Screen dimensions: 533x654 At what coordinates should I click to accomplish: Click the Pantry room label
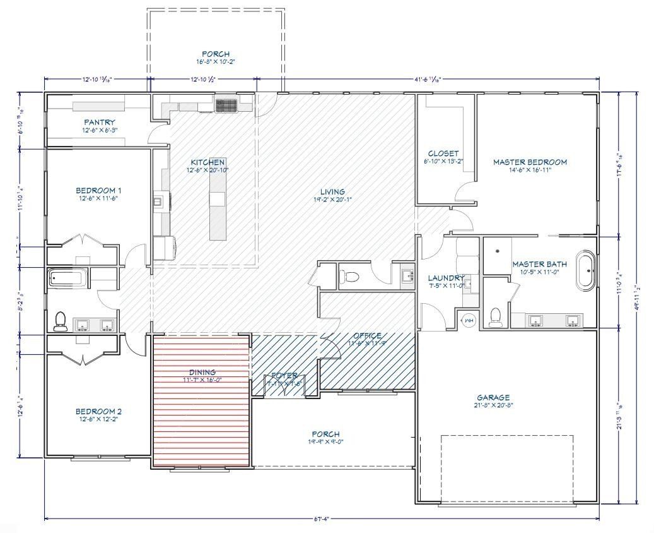100,122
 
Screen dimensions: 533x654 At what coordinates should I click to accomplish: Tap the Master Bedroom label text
530,162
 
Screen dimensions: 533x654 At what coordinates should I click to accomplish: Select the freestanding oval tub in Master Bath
586,271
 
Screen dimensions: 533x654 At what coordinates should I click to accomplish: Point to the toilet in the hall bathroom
61,321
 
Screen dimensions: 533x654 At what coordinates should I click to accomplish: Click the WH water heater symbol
469,321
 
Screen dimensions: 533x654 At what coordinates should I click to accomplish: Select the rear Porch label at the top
215,54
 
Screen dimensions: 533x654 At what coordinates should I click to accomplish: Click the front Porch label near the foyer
325,434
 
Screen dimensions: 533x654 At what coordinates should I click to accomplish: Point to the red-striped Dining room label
202,373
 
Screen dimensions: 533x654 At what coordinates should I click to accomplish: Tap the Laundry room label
446,278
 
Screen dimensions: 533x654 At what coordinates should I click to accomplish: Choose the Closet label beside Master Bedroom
443,153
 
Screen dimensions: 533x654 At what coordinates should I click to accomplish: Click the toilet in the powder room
351,277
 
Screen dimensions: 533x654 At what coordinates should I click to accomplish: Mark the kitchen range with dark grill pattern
226,105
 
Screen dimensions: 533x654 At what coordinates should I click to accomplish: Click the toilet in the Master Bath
496,314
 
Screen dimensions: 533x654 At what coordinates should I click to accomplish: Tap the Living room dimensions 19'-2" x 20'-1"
332,199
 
